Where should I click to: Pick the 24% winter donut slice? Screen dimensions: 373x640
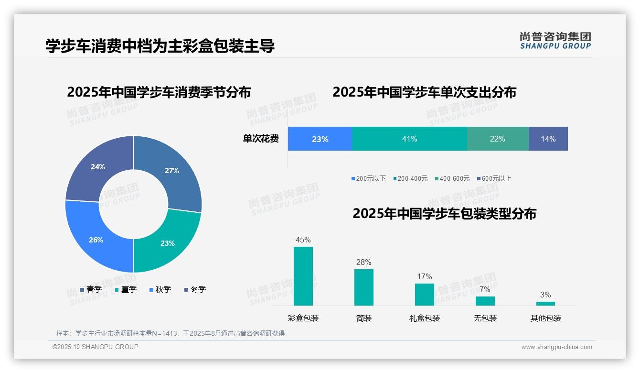97,166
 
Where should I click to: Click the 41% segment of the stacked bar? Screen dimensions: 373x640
409,139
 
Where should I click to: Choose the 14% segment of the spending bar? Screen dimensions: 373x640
548,139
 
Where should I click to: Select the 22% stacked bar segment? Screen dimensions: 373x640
497,139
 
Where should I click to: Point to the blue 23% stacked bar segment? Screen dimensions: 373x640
320,139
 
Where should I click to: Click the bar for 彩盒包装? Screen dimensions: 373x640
303,276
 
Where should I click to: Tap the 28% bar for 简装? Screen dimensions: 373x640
364,287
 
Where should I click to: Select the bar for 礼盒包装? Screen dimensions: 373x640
425,294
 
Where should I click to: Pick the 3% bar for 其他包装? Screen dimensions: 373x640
545,303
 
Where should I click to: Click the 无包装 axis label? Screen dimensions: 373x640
485,318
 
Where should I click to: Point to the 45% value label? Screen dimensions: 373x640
303,240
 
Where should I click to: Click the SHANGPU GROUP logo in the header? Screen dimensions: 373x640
555,40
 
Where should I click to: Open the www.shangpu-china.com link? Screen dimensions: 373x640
556,347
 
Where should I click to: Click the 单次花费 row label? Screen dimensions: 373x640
261,139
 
